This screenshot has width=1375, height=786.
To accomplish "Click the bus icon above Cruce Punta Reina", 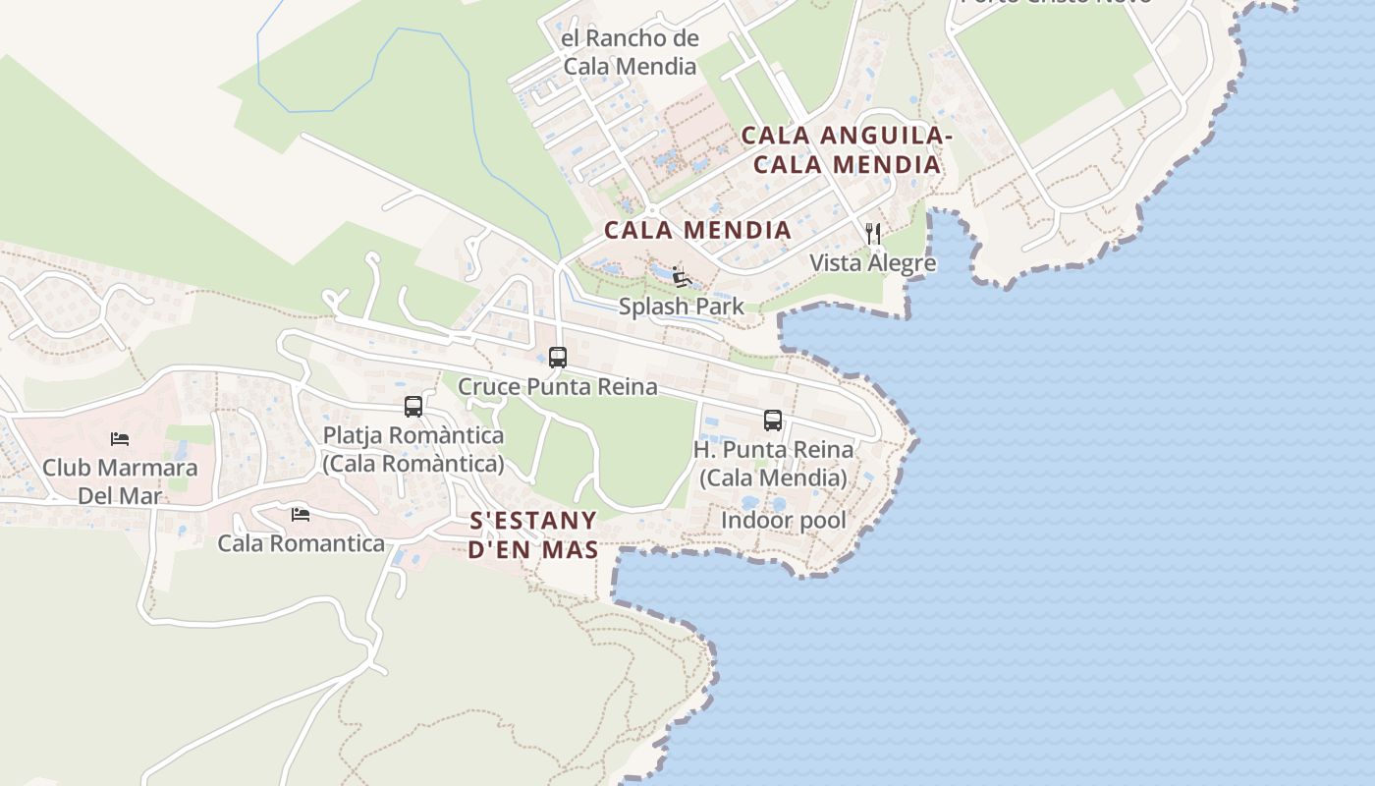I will tap(558, 358).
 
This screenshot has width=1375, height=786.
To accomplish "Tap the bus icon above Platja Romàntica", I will tap(413, 407).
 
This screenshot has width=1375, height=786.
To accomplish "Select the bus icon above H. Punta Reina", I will tap(773, 421).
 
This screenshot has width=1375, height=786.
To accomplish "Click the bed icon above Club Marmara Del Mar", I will tap(120, 438).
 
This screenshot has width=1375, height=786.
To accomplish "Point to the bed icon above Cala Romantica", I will tap(301, 514).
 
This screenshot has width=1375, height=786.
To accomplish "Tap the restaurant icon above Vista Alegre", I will tap(873, 234).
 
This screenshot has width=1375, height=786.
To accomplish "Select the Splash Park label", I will tap(682, 307).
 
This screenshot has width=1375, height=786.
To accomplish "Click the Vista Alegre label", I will tap(873, 263).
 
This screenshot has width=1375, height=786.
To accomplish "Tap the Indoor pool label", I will tap(784, 520).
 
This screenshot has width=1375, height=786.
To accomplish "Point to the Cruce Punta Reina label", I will tap(558, 387).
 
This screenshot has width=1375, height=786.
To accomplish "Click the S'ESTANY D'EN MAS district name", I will tap(533, 534).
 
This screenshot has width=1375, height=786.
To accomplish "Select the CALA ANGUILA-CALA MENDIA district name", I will tap(847, 150).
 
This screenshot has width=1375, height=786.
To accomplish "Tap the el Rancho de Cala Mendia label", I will tap(630, 53).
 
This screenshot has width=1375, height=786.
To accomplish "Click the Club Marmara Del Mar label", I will tap(120, 480).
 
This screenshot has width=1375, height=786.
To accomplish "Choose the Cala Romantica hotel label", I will tap(301, 543).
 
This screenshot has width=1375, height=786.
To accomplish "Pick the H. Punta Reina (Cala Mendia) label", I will tap(773, 464).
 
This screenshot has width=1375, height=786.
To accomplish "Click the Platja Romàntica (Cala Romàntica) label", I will tap(413, 449).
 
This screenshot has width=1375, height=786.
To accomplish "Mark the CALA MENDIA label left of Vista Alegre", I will tap(697, 230).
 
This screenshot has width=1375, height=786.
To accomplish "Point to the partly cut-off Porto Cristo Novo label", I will tap(1056, 3).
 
